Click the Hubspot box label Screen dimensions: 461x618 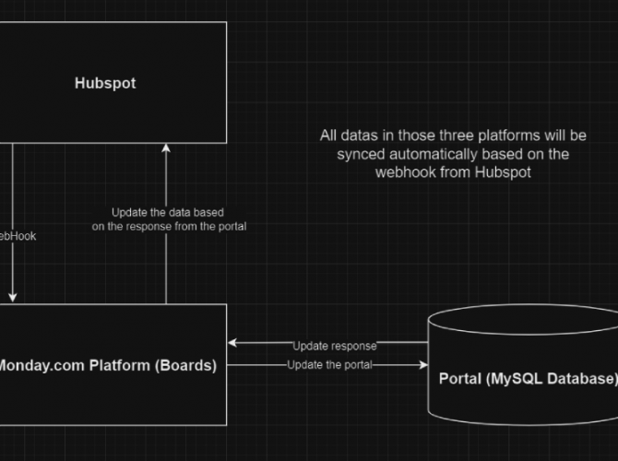tap(104, 83)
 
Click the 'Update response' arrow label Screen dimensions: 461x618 tap(335, 346)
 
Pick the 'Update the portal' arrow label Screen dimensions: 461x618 tap(329, 365)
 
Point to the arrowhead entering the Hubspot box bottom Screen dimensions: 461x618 tap(166, 148)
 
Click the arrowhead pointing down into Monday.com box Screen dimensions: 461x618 tap(13, 297)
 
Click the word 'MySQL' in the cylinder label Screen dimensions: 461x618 tap(516, 378)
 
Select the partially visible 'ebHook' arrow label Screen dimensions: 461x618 tap(18, 236)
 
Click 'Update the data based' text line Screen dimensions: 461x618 tap(168, 212)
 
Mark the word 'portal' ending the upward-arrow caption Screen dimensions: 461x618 tap(229, 226)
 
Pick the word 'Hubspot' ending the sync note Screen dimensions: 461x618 tap(503, 171)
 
